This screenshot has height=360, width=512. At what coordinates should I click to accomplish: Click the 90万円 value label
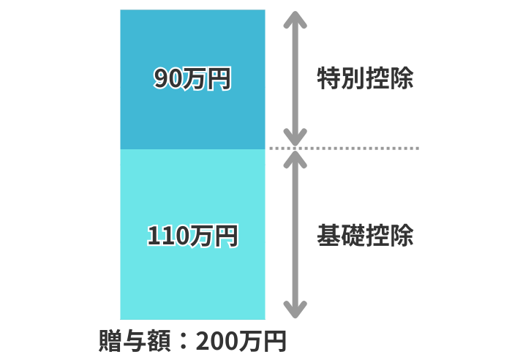click(x=192, y=78)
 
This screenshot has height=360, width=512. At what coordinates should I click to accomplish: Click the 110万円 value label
click(x=192, y=236)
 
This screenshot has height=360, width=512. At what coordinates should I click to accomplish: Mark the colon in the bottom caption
click(x=181, y=342)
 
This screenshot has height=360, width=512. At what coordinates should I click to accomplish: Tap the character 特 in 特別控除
click(x=328, y=78)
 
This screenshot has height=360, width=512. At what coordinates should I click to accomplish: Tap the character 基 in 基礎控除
click(x=328, y=236)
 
